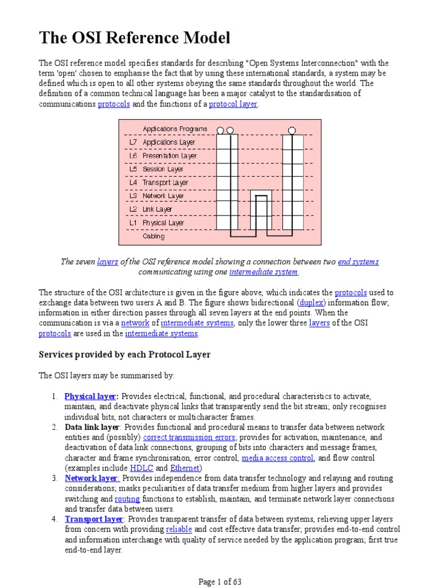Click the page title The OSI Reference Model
(x=135, y=38)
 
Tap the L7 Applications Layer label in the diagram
(x=162, y=142)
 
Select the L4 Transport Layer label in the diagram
(x=158, y=182)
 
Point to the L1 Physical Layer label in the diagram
(x=156, y=222)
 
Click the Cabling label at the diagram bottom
(x=154, y=236)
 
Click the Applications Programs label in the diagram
(x=175, y=129)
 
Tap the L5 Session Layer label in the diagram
(x=156, y=169)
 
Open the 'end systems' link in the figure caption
(x=358, y=261)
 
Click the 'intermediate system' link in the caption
(x=264, y=272)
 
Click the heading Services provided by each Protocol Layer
(x=124, y=355)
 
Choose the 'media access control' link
(x=277, y=458)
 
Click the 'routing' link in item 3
(x=127, y=499)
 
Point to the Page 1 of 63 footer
(x=220, y=582)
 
